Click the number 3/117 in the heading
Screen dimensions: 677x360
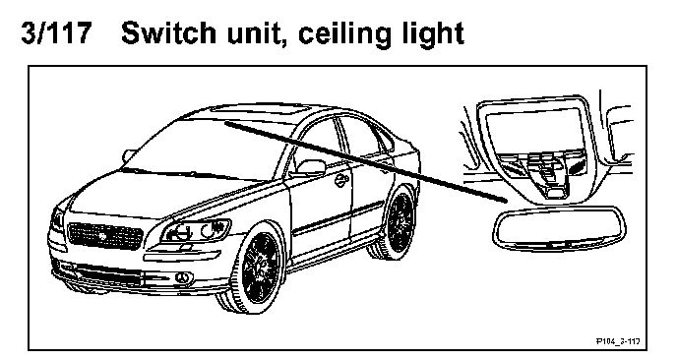[56, 32]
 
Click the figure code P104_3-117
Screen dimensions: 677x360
[618, 341]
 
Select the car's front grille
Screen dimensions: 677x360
[105, 235]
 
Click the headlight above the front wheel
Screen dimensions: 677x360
[197, 231]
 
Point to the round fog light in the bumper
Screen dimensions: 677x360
[178, 277]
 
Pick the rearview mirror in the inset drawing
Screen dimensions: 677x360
[559, 228]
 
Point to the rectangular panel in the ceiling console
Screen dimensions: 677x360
[533, 130]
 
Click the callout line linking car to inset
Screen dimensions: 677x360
[365, 161]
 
